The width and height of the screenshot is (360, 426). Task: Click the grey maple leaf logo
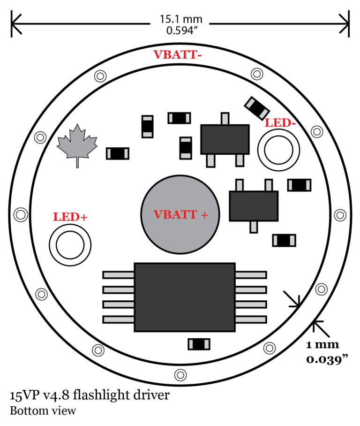pos(77,144)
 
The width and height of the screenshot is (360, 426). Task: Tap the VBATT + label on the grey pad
pos(181,214)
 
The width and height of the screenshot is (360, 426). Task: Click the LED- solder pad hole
pos(278,150)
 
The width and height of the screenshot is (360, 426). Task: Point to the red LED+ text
pos(70,217)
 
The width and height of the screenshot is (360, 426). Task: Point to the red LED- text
pos(282,123)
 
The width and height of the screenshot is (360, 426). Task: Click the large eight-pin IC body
pos(185,297)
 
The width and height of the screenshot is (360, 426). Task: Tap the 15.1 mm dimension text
pos(181,19)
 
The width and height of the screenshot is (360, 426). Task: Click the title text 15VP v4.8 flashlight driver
pos(90,396)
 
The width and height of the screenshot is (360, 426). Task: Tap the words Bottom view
pos(43,411)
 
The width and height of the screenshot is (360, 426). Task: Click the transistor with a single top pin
pos(225,139)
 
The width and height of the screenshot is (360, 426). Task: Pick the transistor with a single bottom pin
pos(254,205)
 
